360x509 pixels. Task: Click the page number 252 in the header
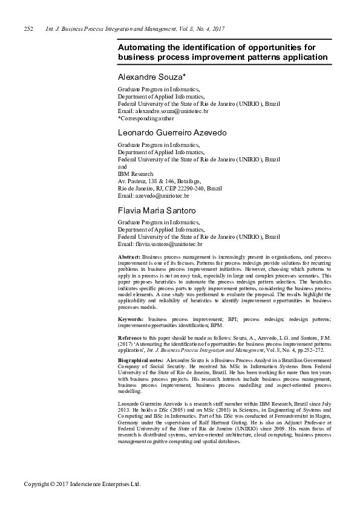coord(27,29)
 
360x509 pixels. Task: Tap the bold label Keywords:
coord(131,318)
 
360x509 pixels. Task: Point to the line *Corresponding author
coord(145,118)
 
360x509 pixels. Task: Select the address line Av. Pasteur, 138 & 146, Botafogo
coord(158,181)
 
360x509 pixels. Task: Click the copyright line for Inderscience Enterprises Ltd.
coord(82,484)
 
